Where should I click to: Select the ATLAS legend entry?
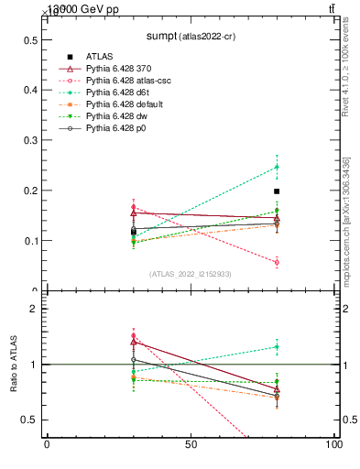(101, 57)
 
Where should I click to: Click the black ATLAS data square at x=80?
(277, 191)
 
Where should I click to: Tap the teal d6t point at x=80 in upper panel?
(277, 167)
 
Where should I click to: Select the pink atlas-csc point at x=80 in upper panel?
(277, 262)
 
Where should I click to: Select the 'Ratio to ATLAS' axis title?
(14, 365)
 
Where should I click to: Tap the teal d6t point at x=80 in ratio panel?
(277, 346)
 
